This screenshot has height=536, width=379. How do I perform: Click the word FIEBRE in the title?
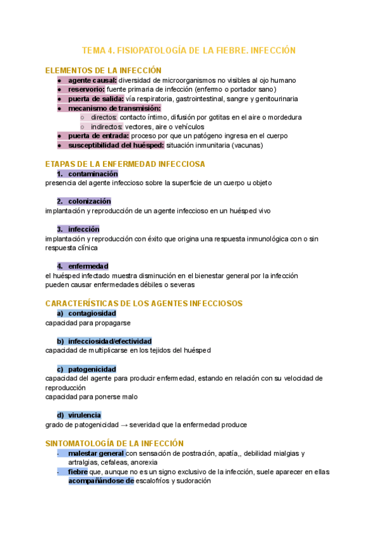232,50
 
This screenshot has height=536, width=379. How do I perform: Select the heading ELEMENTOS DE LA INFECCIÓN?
104,71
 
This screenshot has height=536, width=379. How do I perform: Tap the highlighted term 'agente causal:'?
92,80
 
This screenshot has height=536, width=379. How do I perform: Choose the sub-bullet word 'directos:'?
104,118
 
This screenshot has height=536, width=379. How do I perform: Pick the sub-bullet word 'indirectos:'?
107,126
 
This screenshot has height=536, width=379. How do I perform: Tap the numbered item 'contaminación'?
93,174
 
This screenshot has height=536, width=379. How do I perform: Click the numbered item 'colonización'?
90,201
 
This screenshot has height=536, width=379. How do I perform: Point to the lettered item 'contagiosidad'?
92,313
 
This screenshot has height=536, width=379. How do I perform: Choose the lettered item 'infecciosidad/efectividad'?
110,341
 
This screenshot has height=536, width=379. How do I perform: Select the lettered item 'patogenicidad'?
92,368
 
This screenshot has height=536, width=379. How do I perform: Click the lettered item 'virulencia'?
85,415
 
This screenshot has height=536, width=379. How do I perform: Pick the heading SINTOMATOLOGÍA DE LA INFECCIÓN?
114,444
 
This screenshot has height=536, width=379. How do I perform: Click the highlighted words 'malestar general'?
96,453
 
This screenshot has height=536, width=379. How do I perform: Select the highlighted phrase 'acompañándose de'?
101,480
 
